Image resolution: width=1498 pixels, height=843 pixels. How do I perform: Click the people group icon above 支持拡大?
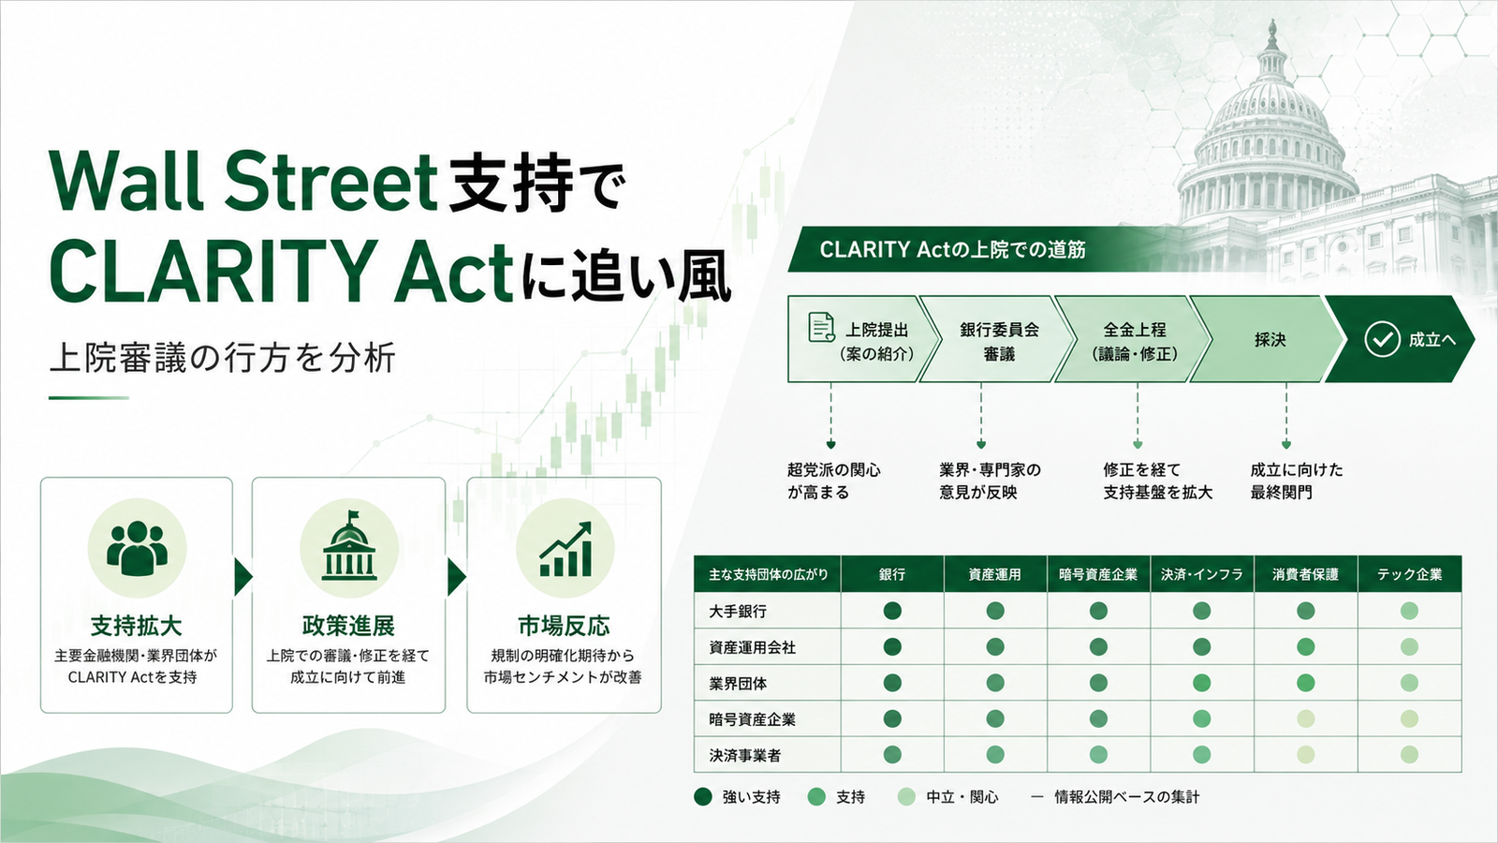coord(137,548)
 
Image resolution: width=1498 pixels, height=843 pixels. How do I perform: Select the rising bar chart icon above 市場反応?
coord(565,549)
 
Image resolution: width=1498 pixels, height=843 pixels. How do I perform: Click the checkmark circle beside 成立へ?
coord(1382,339)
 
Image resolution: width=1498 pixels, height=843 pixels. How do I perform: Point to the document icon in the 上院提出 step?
coord(821,327)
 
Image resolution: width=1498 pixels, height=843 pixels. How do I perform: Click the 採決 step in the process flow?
coord(1269,339)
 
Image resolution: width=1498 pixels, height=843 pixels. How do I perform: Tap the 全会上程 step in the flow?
coord(1134,339)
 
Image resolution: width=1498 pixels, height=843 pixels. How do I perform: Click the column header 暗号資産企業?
coord(1098,574)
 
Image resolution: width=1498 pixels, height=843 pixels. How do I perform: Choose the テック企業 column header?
coord(1410,574)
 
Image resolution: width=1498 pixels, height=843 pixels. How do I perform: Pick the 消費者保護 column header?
coord(1305,574)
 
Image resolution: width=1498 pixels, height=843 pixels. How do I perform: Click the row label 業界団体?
coord(738,683)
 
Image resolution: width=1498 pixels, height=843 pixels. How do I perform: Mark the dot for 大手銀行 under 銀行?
coord(892,611)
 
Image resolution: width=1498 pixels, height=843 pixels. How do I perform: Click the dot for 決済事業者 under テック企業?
coord(1409,755)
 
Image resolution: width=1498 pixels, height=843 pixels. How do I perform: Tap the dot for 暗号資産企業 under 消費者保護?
coord(1305,719)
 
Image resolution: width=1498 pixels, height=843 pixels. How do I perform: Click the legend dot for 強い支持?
coord(703,797)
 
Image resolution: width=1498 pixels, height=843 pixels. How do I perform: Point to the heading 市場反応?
coord(564,626)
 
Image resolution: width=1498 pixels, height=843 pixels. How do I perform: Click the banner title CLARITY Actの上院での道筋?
coord(952,249)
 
